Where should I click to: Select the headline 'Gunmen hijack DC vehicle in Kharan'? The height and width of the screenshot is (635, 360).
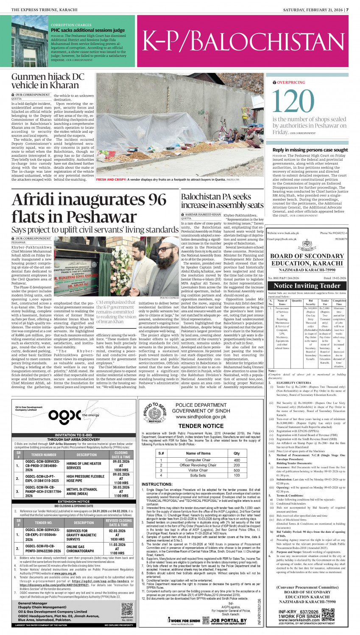click(47, 81)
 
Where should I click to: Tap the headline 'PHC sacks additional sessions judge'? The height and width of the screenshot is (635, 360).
click(88, 30)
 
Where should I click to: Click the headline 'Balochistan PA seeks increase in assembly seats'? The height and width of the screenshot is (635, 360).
click(222, 201)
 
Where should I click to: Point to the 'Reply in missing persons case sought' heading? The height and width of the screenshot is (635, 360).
click(310, 150)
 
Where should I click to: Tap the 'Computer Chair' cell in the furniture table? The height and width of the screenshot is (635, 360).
click(198, 460)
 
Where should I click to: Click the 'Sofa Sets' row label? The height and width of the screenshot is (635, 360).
click(198, 475)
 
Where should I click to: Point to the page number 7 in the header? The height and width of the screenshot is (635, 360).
click(347, 10)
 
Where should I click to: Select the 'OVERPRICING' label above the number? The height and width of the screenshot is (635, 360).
click(291, 82)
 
